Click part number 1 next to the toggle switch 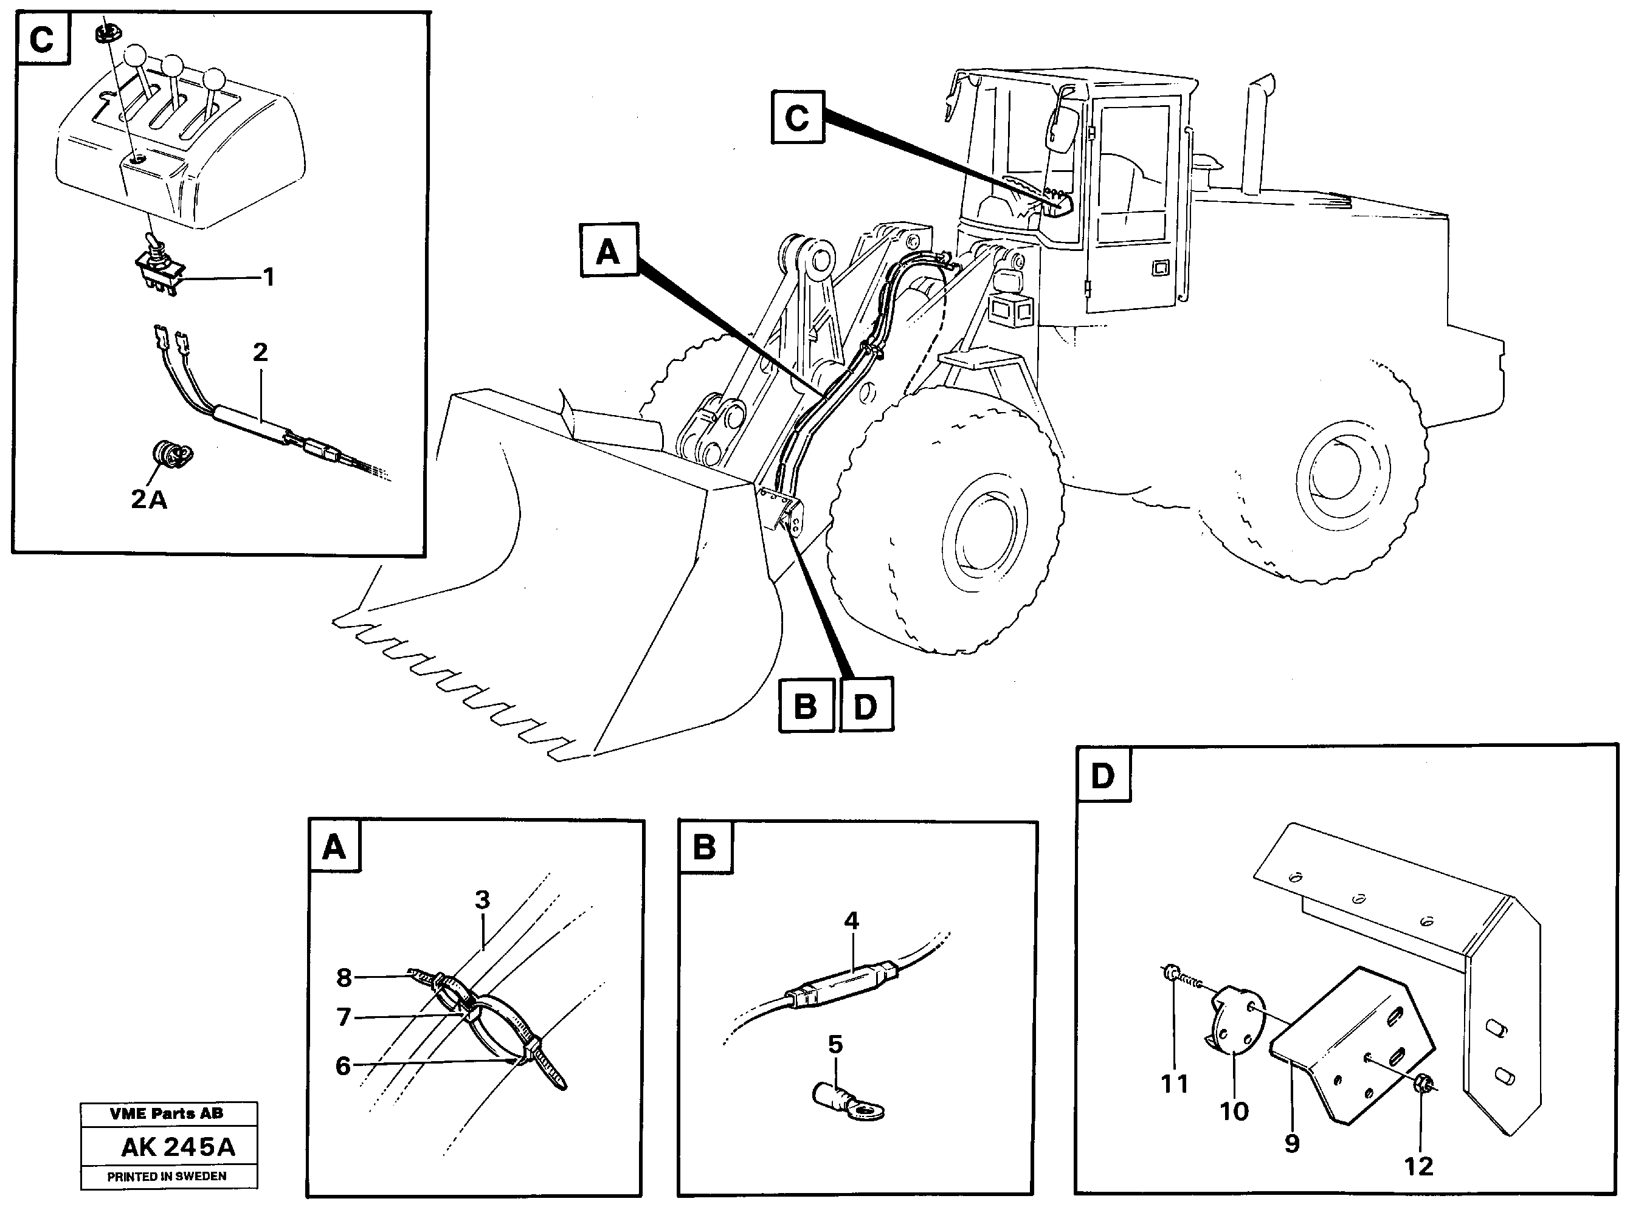[268, 278]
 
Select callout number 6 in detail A [343, 1066]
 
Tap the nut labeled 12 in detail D [1421, 1083]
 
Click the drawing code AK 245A [178, 1147]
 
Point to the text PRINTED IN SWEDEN [167, 1177]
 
